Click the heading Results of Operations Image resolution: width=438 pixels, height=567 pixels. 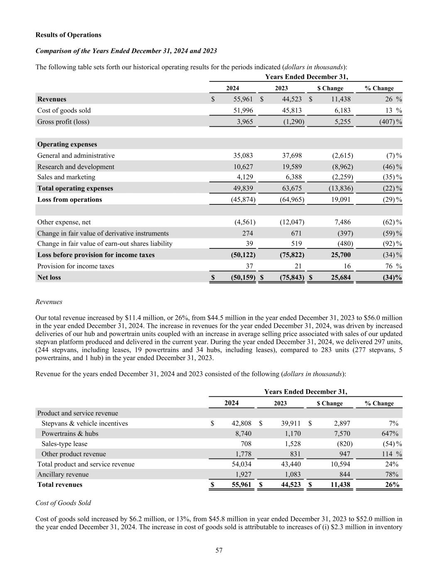coord(68,35)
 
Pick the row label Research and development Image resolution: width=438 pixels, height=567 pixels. coord(76,167)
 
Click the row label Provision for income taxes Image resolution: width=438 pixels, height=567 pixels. coord(76,266)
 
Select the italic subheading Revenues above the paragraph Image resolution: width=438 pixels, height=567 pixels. coord(49,302)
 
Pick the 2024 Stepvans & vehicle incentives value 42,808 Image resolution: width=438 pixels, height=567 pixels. coord(241,423)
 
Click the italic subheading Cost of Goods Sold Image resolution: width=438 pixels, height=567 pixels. coord(63,503)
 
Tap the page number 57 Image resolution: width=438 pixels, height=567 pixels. coord(219,551)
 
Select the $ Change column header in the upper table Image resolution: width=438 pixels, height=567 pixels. coord(330,88)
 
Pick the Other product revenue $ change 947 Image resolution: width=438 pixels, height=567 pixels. coord(342,454)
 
